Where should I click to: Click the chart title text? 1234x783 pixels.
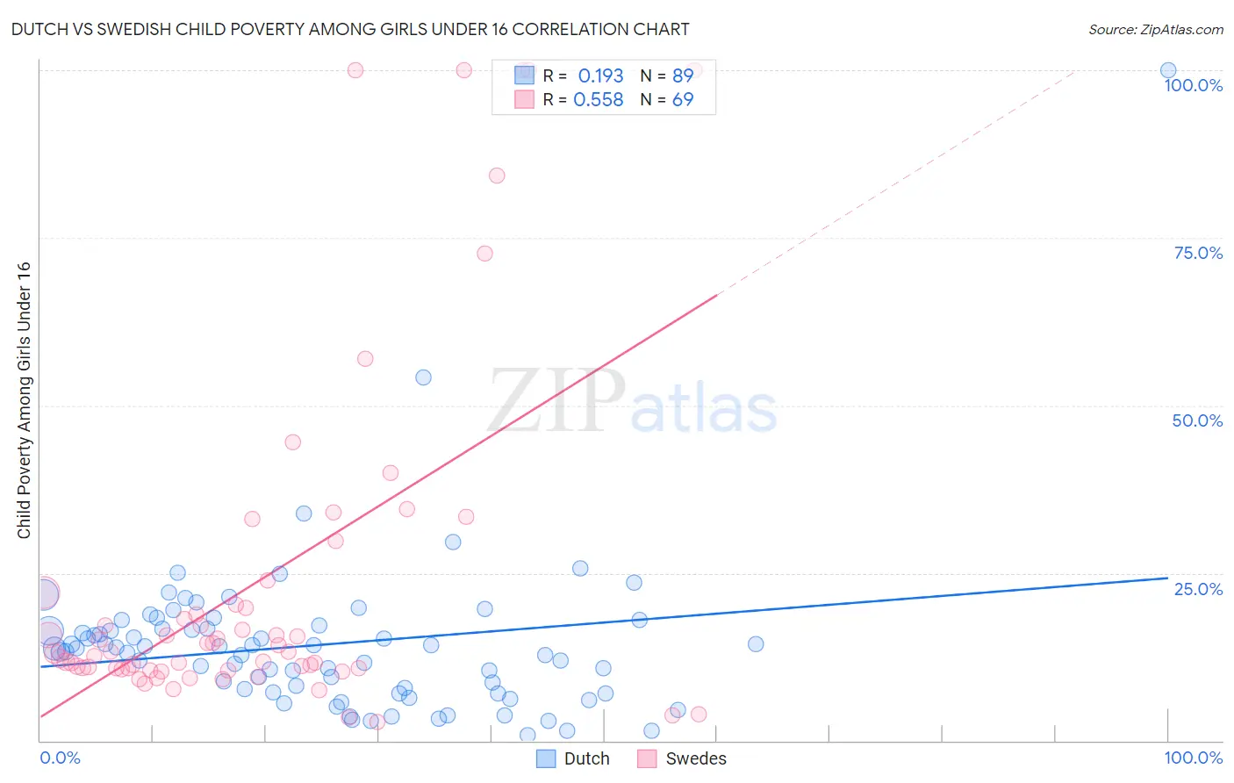[x=349, y=29]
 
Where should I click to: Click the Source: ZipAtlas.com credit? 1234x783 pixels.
[x=1155, y=29]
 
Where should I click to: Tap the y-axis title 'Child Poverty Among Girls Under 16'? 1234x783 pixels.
[x=24, y=400]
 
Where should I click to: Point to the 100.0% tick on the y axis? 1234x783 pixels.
[x=1193, y=85]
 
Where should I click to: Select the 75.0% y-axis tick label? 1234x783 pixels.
[x=1198, y=253]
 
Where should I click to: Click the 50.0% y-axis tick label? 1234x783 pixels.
[x=1197, y=420]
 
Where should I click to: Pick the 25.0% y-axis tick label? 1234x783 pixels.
[x=1198, y=588]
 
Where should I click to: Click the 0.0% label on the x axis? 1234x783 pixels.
[x=60, y=758]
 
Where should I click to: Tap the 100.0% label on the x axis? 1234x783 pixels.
[x=1193, y=758]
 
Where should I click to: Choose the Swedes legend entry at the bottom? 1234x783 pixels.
[x=682, y=758]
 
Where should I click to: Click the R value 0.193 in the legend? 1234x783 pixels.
[x=600, y=76]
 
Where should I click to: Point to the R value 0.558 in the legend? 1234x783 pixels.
[x=598, y=100]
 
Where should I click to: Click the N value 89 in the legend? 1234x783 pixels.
[x=683, y=76]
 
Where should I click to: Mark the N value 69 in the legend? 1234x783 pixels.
[x=683, y=100]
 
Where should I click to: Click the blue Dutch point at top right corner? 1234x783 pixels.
[x=1168, y=70]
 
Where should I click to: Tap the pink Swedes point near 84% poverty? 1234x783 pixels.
[x=497, y=176]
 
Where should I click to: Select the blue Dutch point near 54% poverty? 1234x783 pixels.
[x=423, y=377]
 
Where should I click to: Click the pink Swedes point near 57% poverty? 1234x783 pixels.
[x=365, y=359]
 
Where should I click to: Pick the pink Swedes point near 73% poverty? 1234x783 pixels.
[x=484, y=254]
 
